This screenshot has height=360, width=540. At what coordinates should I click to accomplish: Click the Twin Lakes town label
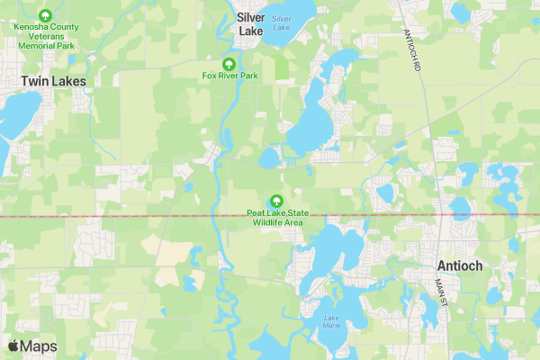pyautogui.click(x=53, y=81)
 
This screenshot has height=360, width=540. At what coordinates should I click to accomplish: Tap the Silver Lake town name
pyautogui.click(x=251, y=23)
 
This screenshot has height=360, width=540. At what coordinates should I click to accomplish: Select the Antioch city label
pyautogui.click(x=460, y=265)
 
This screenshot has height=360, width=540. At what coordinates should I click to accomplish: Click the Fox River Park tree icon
pyautogui.click(x=229, y=64)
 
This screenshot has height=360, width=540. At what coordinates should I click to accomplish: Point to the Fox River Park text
pyautogui.click(x=229, y=76)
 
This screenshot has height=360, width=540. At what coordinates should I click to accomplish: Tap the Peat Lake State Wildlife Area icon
pyautogui.click(x=276, y=201)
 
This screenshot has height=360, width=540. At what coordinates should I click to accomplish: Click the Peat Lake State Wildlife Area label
pyautogui.click(x=276, y=217)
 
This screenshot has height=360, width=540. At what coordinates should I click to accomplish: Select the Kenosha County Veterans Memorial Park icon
pyautogui.click(x=45, y=15)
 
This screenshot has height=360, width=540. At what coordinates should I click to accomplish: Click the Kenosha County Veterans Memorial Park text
pyautogui.click(x=45, y=35)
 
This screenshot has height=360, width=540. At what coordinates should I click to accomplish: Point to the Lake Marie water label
pyautogui.click(x=333, y=319)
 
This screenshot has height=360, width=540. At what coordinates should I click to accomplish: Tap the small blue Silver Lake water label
pyautogui.click(x=283, y=23)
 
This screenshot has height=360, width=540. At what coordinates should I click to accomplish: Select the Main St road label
pyautogui.click(x=441, y=291)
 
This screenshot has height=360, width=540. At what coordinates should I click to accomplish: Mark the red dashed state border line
pyautogui.click(x=135, y=217)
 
